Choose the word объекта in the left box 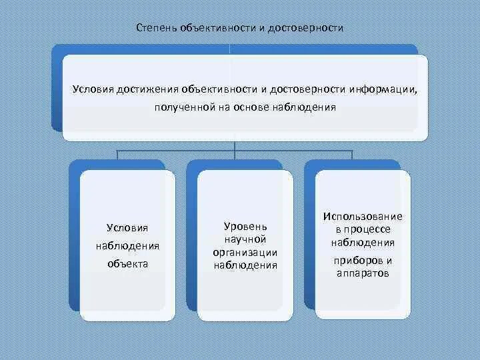tap(127, 264)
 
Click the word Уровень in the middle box tap(245, 227)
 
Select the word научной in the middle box tap(245, 239)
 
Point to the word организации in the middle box tap(245, 252)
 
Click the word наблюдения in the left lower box tap(127, 246)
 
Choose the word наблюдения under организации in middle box tap(245, 265)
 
